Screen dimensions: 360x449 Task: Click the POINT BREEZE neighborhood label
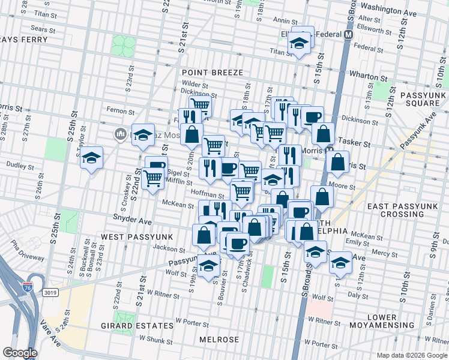(213, 73)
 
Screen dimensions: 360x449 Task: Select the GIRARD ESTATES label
(144, 326)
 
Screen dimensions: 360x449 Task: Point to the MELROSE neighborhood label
(219, 340)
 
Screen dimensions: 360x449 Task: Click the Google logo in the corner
(20, 353)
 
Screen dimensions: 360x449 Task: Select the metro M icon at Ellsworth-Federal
(348, 35)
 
